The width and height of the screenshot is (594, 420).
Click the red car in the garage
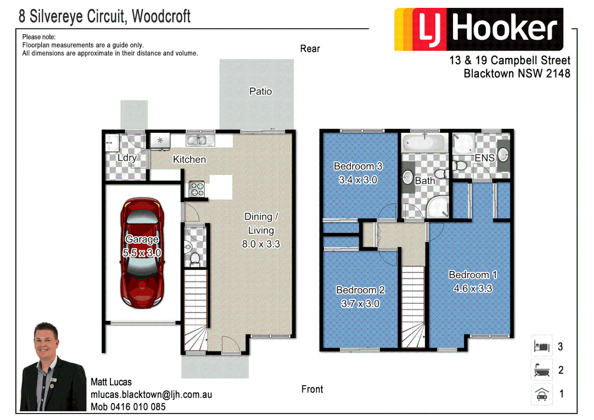point(142,253)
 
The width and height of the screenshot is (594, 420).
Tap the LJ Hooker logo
point(479,30)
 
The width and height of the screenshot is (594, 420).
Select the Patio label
point(260,91)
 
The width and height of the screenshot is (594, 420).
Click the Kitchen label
point(189,159)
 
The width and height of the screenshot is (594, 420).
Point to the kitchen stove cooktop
point(197,189)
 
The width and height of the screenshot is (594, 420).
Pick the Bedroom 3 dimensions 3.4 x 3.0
point(358,180)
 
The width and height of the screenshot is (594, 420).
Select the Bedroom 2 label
point(360,290)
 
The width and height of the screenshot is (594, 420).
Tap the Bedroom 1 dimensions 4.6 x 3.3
point(473,289)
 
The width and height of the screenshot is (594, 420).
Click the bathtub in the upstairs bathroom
point(424,143)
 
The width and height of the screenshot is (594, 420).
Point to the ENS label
point(484,158)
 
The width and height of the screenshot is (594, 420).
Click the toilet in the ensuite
point(459,166)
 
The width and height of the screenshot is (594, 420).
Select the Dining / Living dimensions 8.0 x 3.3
point(261,244)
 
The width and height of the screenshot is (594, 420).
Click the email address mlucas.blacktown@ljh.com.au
point(151,395)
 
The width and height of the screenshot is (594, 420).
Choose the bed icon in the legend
point(542,346)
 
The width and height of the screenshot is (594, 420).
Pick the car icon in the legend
point(542,394)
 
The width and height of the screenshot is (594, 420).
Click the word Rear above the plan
point(310,49)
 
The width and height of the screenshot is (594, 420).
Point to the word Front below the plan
point(312,389)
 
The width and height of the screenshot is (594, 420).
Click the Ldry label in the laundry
point(127,158)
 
